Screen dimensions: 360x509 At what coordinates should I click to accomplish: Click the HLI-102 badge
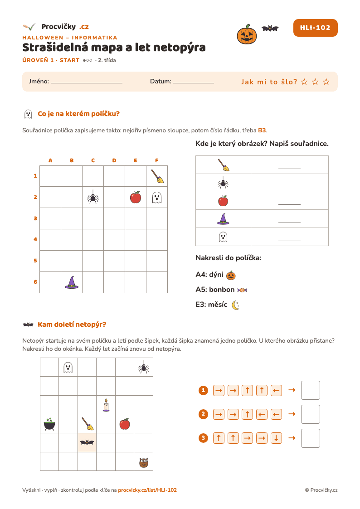(315, 28)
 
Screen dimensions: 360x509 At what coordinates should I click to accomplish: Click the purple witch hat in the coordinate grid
(72, 282)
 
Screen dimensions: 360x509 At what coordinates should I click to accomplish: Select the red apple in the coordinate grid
(136, 197)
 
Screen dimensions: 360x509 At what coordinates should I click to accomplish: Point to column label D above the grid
(114, 160)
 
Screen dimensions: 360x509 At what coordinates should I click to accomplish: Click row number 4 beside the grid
(35, 240)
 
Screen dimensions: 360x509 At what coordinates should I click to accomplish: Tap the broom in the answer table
(224, 165)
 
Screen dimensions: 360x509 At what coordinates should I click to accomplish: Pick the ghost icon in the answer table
(223, 237)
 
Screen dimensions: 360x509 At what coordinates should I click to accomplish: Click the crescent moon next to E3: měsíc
(235, 305)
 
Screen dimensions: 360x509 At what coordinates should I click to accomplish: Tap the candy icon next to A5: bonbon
(242, 290)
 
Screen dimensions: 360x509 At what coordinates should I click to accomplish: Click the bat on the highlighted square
(87, 442)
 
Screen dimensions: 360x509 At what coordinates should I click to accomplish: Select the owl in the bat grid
(144, 462)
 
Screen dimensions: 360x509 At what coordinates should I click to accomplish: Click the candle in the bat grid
(106, 405)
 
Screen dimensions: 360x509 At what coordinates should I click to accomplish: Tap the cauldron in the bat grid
(49, 424)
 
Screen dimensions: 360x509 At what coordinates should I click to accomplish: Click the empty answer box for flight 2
(310, 414)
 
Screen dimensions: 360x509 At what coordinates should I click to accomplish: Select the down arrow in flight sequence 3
(276, 438)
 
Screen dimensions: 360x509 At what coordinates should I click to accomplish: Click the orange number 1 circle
(203, 390)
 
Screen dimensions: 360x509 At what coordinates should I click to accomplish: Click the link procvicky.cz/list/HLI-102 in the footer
(147, 490)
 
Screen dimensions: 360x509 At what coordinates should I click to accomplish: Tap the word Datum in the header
(161, 82)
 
